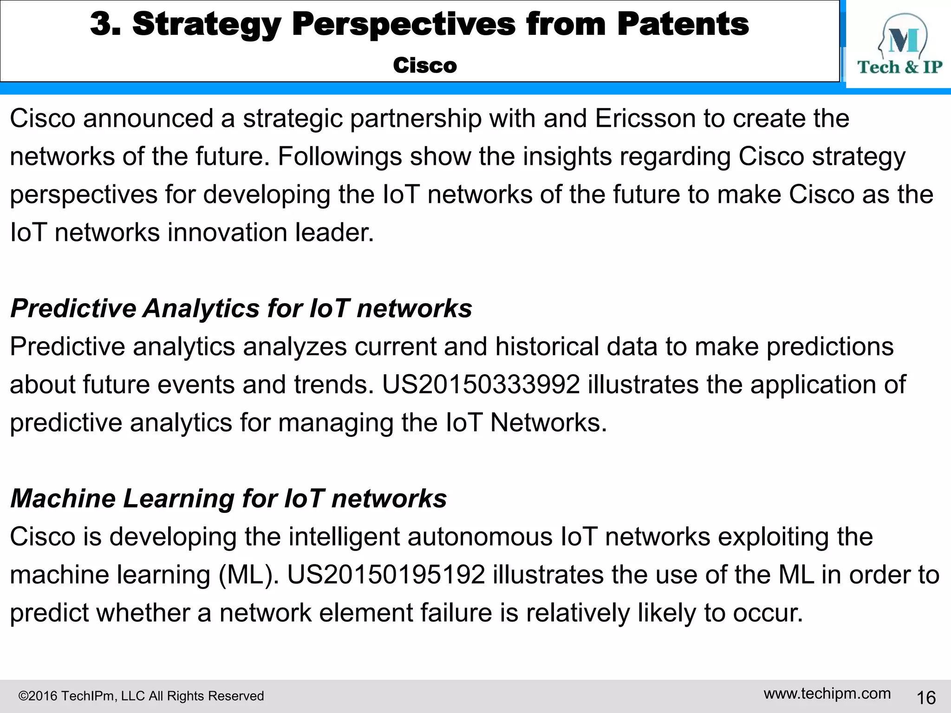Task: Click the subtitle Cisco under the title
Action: [x=424, y=65]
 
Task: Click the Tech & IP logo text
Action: [x=899, y=67]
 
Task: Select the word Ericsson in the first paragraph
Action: [x=645, y=118]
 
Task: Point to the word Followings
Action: [x=339, y=156]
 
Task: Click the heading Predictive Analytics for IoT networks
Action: [x=241, y=308]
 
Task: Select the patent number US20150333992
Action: [x=481, y=385]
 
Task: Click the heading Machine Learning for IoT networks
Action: [x=228, y=499]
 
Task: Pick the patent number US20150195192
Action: [x=386, y=575]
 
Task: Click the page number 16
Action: [x=926, y=698]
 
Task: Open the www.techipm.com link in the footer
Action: [x=827, y=694]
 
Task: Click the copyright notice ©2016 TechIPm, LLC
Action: [x=141, y=696]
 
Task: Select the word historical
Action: [x=547, y=347]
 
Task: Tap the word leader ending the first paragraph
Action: [x=334, y=233]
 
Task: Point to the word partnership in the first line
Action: [x=416, y=118]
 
